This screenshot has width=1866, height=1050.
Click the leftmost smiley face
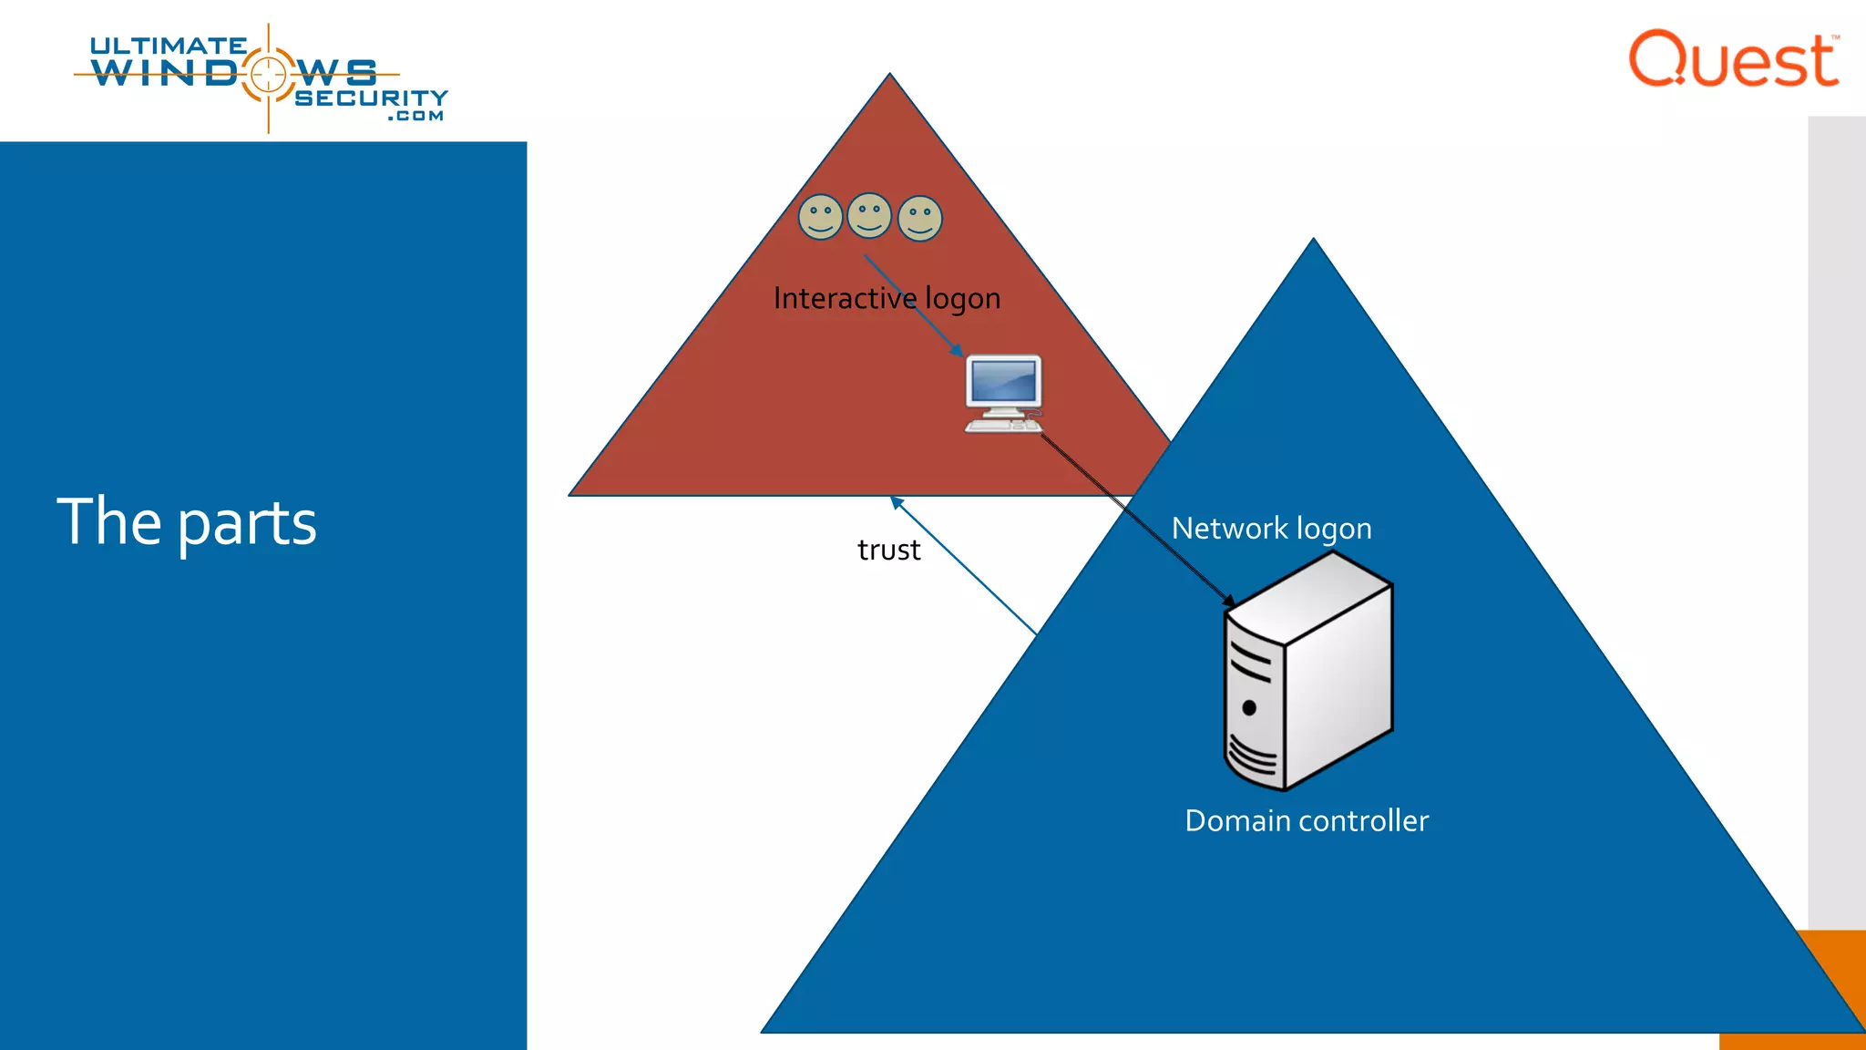coord(820,217)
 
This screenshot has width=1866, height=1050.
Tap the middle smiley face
coord(869,216)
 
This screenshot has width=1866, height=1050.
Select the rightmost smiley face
coord(920,219)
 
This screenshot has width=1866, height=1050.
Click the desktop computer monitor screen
coord(1003,381)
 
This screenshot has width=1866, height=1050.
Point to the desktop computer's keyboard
coord(1001,426)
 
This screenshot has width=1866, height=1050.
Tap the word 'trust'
coord(888,551)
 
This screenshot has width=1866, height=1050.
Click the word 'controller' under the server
coord(1364,821)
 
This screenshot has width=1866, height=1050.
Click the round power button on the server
coord(1249,707)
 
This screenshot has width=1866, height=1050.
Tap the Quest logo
coord(1733,59)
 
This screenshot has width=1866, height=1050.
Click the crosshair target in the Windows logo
coord(268,74)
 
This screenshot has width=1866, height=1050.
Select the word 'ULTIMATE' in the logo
coord(169,46)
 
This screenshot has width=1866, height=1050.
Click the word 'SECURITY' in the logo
coord(371,98)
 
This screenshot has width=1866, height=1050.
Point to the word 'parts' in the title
coord(247,523)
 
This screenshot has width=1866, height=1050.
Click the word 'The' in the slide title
coord(109,521)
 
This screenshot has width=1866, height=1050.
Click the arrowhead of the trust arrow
coord(895,500)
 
